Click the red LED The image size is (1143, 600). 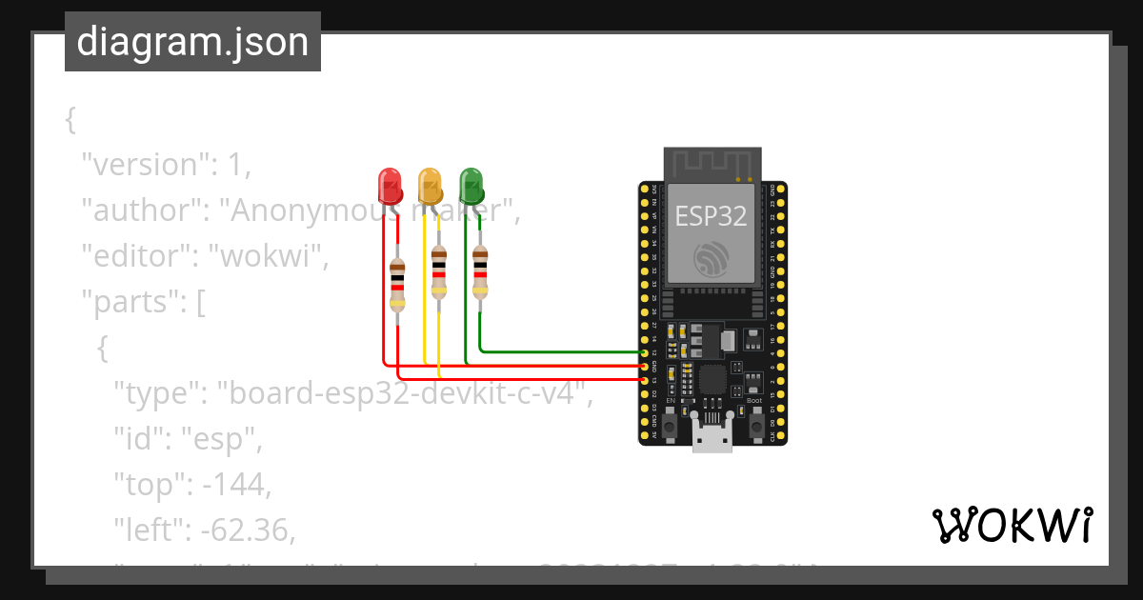click(x=389, y=185)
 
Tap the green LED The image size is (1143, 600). click(x=471, y=185)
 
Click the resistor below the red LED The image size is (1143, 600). click(x=397, y=284)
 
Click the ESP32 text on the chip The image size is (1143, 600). click(x=712, y=216)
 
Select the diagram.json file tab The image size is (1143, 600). click(x=192, y=42)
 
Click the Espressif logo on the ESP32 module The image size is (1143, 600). click(x=712, y=257)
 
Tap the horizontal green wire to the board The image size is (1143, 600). click(x=562, y=351)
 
